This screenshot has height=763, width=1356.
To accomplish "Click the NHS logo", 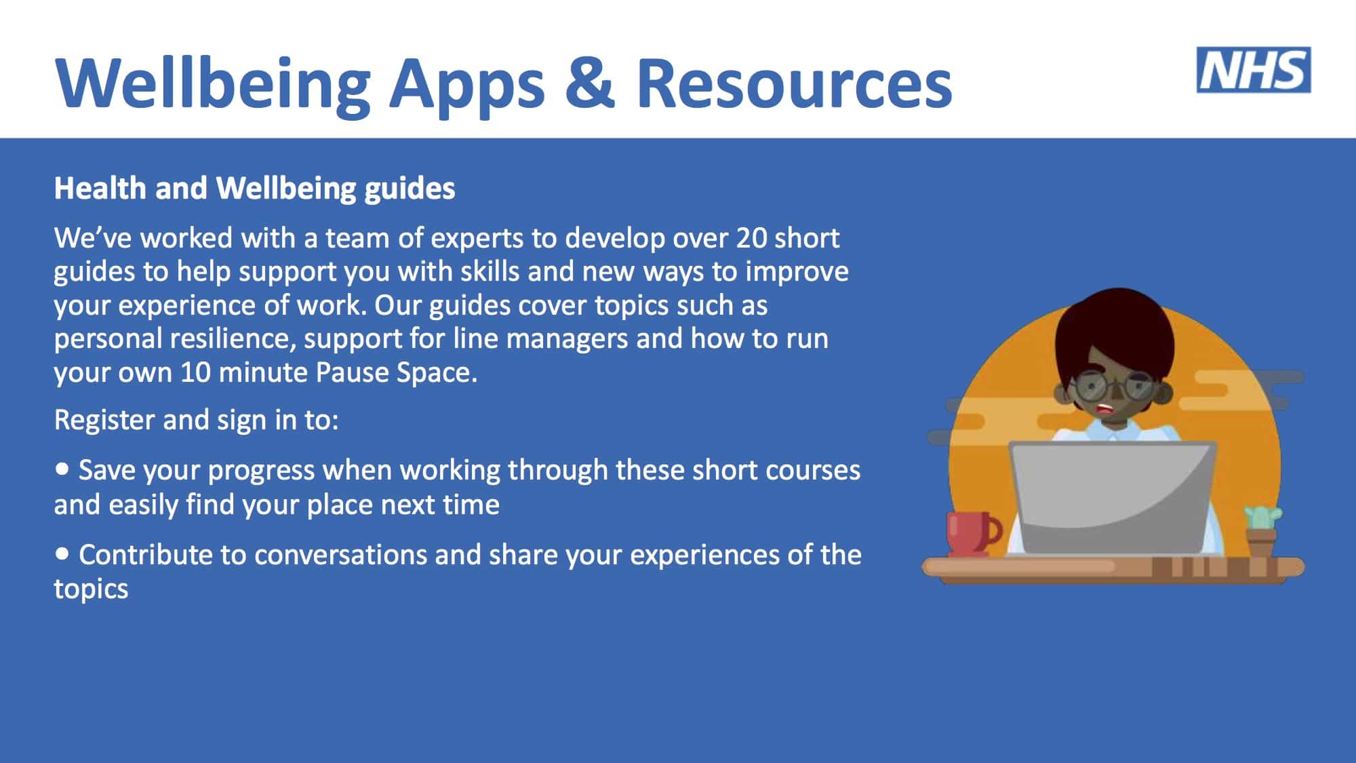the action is tap(1254, 70).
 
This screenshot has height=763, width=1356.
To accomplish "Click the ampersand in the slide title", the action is tap(590, 83).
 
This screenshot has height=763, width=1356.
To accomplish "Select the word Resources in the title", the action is tap(794, 83).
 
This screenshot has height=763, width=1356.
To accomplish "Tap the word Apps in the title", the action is tap(467, 88).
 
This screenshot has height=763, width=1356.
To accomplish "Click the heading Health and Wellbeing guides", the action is tap(254, 189).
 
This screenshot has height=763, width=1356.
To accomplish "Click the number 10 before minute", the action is tap(195, 372).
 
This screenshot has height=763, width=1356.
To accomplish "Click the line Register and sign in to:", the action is tap(196, 420).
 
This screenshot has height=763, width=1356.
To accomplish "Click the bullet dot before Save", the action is tap(62, 469).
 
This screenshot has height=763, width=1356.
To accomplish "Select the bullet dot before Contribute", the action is tap(62, 554).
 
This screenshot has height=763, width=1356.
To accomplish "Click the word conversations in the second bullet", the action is tap(340, 555).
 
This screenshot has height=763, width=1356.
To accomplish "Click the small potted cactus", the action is tap(1262, 531).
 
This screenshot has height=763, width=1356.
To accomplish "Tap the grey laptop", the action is tap(1113, 498).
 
